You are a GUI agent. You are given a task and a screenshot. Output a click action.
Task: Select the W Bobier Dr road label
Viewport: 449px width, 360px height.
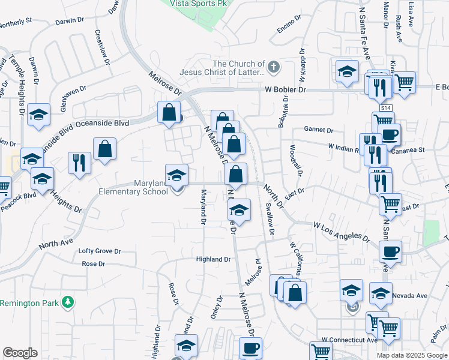286,89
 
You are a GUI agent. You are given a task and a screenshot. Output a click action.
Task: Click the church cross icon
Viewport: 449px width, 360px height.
274,67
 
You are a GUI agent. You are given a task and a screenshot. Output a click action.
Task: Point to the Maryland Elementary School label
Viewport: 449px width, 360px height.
133,187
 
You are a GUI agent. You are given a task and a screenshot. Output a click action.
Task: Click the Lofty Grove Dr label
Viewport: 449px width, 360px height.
100,251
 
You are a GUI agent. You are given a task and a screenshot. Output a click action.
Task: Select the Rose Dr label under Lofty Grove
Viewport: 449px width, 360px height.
93,263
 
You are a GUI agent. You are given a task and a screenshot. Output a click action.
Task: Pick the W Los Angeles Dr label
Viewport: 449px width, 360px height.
341,231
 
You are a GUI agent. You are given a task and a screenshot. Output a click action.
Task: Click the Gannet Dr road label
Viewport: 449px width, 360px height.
318,129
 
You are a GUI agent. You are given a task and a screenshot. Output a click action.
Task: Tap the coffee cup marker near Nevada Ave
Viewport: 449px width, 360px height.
391,252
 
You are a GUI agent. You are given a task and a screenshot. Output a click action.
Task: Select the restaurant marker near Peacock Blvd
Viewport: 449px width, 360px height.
79,163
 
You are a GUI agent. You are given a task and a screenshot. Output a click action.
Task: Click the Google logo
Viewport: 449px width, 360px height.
20,353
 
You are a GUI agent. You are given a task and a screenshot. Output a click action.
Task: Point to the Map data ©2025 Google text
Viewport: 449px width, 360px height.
411,355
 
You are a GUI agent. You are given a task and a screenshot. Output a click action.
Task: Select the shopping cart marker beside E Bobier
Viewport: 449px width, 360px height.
405,83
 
